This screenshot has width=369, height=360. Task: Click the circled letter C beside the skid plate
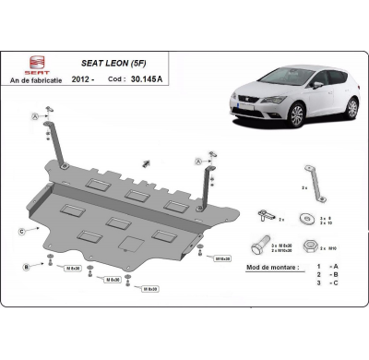pos(21,230)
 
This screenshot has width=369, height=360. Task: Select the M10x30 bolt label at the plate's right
pos(222,259)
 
